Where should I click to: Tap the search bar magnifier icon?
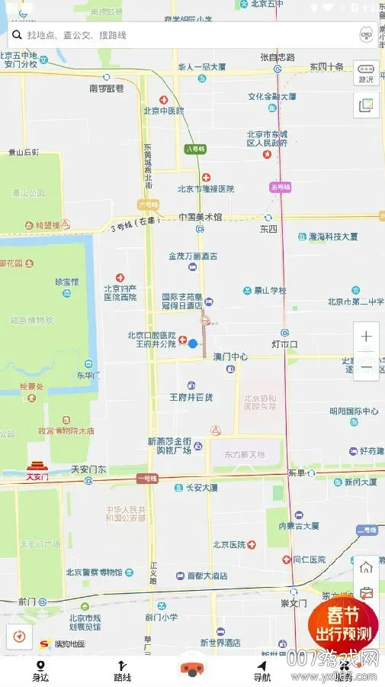point(16,35)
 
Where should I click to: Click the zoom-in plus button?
point(366,337)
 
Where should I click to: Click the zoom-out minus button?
point(366,367)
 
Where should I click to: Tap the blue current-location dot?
point(193,343)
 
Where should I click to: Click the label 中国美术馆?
point(200,217)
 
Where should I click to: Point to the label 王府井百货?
point(191,397)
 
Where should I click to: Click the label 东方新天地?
point(244,454)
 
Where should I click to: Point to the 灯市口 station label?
point(284,344)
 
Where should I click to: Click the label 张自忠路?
point(277,57)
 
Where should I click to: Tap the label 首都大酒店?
point(207,576)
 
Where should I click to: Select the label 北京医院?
point(229,545)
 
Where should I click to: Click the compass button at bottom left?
point(19,636)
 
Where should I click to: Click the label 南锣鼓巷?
point(106,89)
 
